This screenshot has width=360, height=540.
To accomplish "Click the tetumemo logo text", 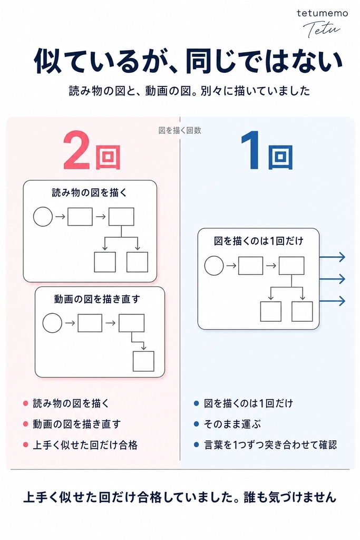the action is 322,13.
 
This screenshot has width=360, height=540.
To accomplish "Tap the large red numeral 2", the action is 76,150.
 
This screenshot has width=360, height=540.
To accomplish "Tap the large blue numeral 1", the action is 251,150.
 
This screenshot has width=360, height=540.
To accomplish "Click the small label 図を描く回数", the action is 180,130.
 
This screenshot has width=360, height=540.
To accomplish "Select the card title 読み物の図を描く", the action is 90,192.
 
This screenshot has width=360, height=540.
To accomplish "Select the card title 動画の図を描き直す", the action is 96,298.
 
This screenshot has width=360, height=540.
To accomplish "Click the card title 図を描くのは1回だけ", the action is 258,240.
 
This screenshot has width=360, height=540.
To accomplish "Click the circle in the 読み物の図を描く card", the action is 43,217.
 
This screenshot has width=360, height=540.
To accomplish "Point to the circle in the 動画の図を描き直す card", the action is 52,323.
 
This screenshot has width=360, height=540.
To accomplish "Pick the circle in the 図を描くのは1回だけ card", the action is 214,266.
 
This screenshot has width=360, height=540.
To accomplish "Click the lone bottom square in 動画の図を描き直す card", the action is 143,361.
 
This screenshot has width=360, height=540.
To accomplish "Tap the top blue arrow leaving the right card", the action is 332,257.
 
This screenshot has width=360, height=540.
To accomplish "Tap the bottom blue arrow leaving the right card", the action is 332,301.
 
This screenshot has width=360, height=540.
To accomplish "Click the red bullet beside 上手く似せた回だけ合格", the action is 25,445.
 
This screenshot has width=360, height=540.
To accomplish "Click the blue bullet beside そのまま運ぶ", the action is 196,424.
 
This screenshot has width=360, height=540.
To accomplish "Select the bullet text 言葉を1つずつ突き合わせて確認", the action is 270,445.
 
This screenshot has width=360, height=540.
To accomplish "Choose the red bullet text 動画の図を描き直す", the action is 77,424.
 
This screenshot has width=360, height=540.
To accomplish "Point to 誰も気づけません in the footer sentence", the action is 290,497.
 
